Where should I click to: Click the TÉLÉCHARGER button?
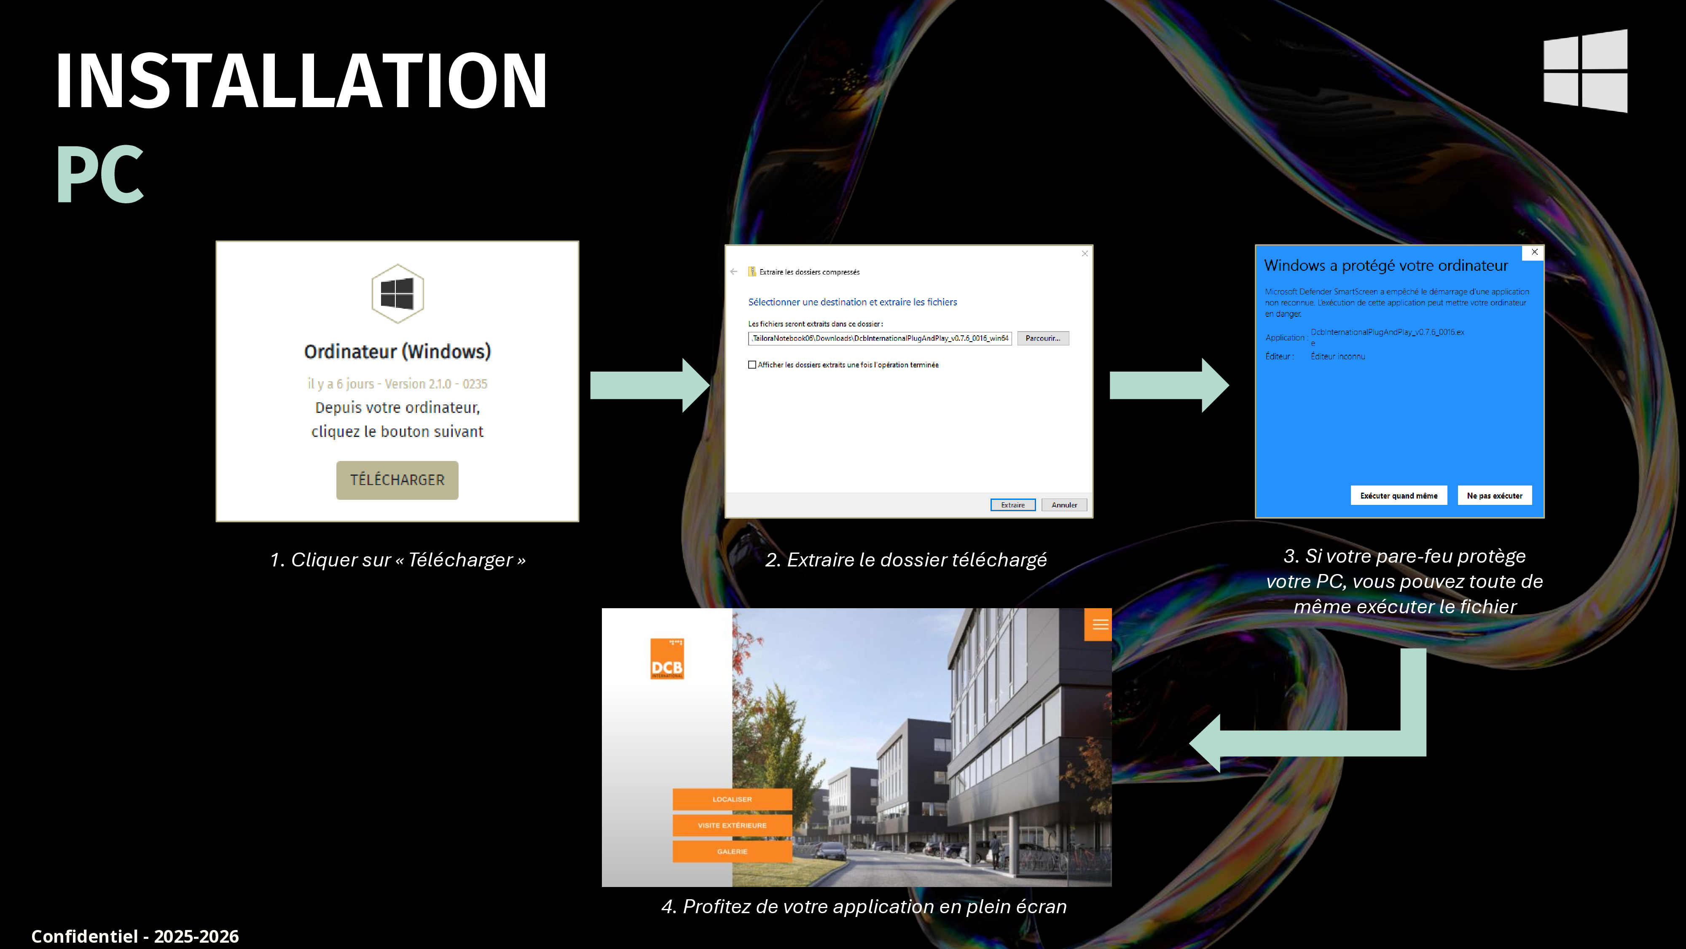click(x=397, y=480)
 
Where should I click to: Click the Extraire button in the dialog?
click(x=1012, y=505)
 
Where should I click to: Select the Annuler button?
click(x=1064, y=505)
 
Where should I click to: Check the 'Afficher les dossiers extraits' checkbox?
click(x=752, y=365)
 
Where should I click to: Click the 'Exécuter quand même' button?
click(x=1399, y=496)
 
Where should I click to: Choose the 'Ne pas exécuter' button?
click(x=1495, y=496)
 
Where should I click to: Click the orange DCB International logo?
click(x=667, y=659)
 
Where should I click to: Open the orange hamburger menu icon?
click(x=1098, y=625)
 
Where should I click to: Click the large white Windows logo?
click(x=1585, y=71)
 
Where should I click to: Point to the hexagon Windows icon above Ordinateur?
click(x=397, y=294)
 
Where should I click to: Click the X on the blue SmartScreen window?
click(x=1534, y=252)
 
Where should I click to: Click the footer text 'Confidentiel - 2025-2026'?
click(x=135, y=936)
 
